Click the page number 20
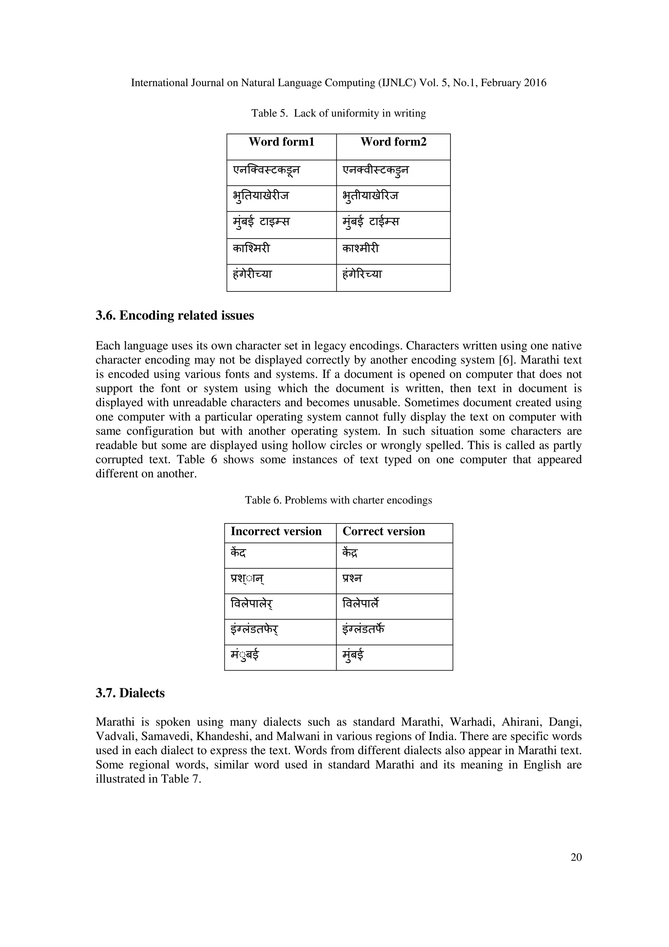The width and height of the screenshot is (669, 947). (576, 857)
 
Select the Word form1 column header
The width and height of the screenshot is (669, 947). (281, 142)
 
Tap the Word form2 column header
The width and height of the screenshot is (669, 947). (393, 142)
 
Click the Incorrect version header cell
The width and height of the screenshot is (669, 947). (276, 531)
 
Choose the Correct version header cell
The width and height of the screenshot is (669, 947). (383, 531)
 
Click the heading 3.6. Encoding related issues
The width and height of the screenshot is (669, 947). (175, 316)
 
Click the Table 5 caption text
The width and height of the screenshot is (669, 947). (338, 113)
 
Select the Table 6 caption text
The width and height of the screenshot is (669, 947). (338, 500)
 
